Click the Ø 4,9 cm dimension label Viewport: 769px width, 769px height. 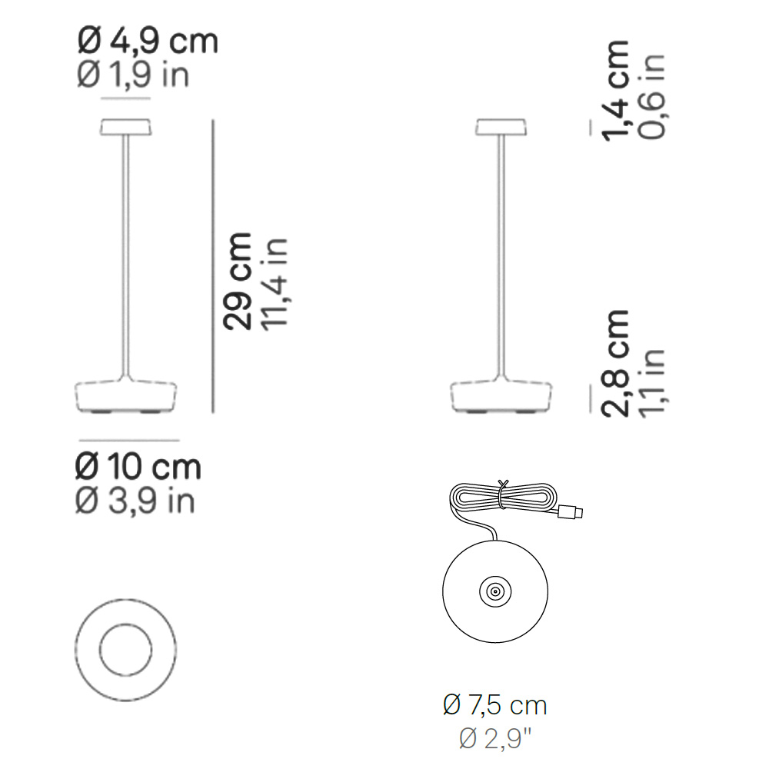pyautogui.click(x=148, y=42)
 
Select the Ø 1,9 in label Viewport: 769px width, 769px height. pyautogui.click(x=133, y=76)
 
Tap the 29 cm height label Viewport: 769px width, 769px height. pyautogui.click(x=238, y=281)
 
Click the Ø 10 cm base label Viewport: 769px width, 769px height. pyautogui.click(x=138, y=467)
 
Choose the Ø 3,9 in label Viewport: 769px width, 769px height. pyautogui.click(x=135, y=501)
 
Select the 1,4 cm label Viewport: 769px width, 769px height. pyautogui.click(x=615, y=91)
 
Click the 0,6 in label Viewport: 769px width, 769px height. pyautogui.click(x=652, y=97)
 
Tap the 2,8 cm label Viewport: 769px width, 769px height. pyautogui.click(x=615, y=364)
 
